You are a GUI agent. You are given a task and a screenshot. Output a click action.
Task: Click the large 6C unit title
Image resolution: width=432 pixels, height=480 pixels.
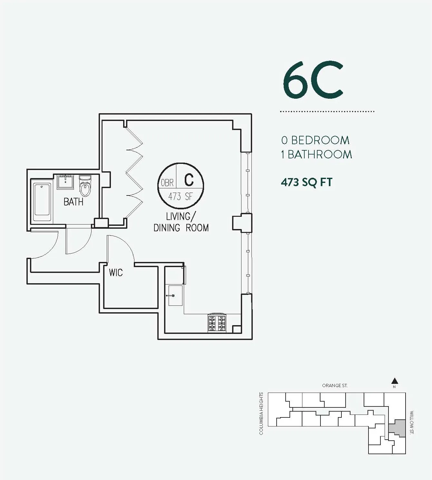(x=313, y=81)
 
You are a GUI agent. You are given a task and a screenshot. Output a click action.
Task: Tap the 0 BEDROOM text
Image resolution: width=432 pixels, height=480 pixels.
(x=315, y=140)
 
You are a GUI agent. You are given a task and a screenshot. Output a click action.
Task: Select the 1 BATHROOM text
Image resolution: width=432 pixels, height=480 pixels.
(x=316, y=155)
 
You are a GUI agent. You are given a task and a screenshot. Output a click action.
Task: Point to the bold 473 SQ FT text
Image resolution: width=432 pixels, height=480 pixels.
(x=306, y=182)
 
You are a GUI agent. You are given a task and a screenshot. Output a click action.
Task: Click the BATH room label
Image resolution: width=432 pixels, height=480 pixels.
(x=73, y=202)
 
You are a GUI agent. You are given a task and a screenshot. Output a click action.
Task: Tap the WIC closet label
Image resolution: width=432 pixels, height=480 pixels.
(x=116, y=273)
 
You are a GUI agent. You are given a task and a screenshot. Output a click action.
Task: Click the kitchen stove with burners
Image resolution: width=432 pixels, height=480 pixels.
(x=217, y=323)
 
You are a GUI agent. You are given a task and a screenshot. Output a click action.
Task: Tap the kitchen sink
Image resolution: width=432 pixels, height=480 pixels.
(x=175, y=295)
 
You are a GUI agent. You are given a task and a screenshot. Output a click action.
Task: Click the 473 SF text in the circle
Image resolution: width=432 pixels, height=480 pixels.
(x=180, y=196)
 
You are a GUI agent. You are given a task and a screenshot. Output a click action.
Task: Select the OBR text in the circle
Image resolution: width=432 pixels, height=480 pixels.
(x=167, y=183)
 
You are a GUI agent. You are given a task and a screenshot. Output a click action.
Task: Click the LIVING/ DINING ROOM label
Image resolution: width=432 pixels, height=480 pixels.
(x=181, y=222)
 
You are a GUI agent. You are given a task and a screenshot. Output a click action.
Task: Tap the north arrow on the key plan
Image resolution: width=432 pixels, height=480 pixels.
(x=394, y=381)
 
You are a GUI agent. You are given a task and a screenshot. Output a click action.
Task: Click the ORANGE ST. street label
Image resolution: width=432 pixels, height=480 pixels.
(x=335, y=385)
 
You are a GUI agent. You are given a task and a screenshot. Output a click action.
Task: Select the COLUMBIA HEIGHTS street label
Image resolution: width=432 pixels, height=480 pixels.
(x=261, y=414)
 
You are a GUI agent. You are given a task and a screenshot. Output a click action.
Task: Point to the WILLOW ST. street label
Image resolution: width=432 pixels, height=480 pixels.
(x=412, y=423)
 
